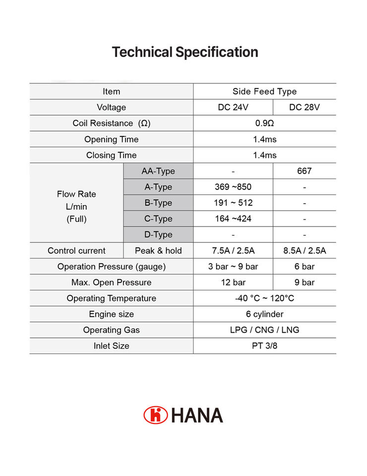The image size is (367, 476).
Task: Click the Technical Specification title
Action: click(x=185, y=52)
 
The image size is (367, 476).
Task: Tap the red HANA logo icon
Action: click(x=156, y=415)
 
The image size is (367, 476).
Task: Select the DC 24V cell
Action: click(x=233, y=108)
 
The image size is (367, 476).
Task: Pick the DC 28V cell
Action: click(x=305, y=108)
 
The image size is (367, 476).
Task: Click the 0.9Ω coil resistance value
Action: click(x=264, y=123)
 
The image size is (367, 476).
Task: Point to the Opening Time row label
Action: click(x=111, y=139)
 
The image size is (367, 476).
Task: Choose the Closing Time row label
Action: click(x=111, y=155)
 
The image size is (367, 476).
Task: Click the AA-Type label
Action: click(x=158, y=171)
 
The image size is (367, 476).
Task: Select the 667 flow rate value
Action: click(x=305, y=171)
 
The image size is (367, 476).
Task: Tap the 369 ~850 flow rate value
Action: click(x=233, y=187)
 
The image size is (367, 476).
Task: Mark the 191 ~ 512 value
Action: click(x=233, y=203)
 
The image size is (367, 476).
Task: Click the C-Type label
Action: click(x=158, y=219)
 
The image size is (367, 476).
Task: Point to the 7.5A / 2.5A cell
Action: click(x=233, y=250)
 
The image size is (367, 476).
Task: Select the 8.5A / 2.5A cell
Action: click(x=305, y=250)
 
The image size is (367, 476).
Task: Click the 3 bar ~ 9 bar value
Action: click(x=233, y=266)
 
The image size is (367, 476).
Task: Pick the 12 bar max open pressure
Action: click(x=233, y=282)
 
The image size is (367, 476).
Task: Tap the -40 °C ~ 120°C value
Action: click(x=264, y=298)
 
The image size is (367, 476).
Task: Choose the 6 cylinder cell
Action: click(x=264, y=314)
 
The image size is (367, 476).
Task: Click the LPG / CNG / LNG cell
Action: click(x=264, y=330)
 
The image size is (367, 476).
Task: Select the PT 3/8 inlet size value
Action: click(x=264, y=346)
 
